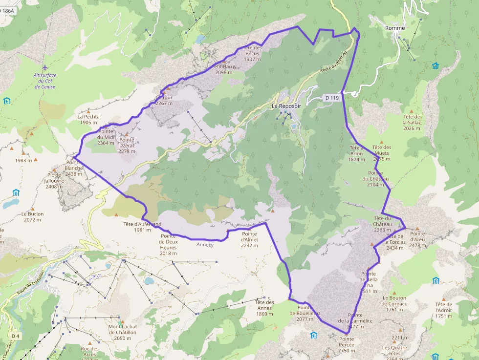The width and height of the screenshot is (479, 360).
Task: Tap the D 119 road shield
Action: pyautogui.click(x=331, y=98)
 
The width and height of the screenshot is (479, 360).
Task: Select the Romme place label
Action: pyautogui.click(x=395, y=28)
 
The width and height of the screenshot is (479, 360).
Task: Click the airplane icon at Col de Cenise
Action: pyautogui.click(x=45, y=67)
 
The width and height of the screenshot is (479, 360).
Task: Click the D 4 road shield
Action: pyautogui.click(x=16, y=336)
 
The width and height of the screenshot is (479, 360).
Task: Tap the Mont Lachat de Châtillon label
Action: pyautogui.click(x=122, y=333)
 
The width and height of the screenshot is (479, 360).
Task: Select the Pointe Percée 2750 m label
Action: pyautogui.click(x=347, y=344)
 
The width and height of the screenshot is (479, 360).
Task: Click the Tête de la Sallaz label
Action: pyautogui.click(x=413, y=122)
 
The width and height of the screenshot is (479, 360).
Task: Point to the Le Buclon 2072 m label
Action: pyautogui.click(x=32, y=217)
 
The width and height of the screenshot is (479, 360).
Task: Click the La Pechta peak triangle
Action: pyautogui.click(x=88, y=111)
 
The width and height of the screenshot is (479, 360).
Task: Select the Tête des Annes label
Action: pyautogui.click(x=264, y=308)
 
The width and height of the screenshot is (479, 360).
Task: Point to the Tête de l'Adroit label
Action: pyautogui.click(x=444, y=310)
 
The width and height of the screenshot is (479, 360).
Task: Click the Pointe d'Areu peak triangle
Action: pyautogui.click(x=417, y=228)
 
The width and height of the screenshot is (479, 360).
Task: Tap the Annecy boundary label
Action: pyautogui.click(x=205, y=245)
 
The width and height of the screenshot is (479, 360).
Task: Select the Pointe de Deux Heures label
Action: pyautogui.click(x=168, y=244)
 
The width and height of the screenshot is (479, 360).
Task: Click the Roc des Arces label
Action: pyautogui.click(x=89, y=352)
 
